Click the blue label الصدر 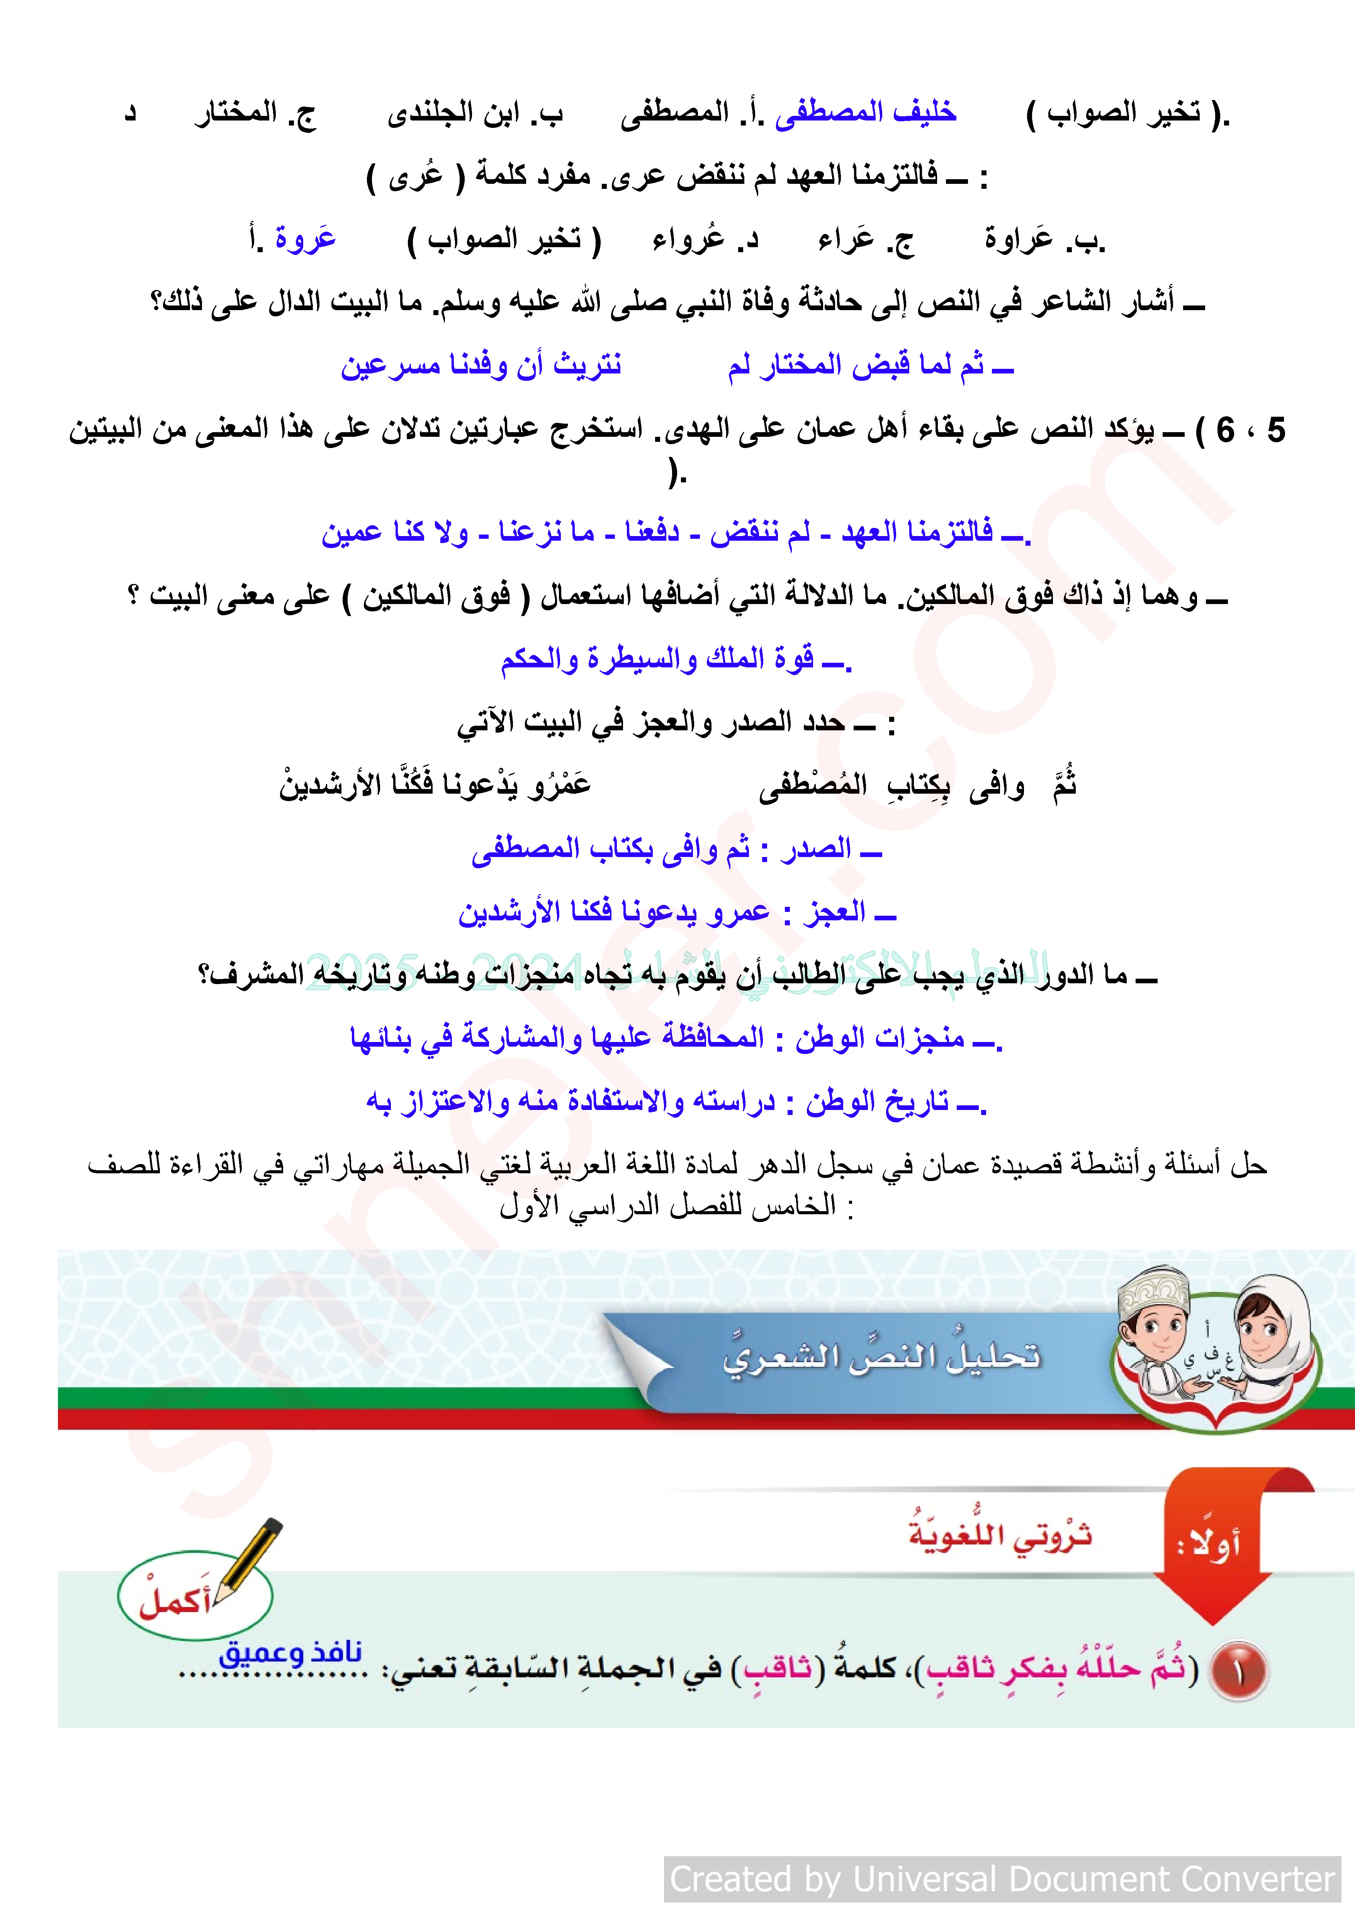816,850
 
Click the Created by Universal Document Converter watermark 1001,1879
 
